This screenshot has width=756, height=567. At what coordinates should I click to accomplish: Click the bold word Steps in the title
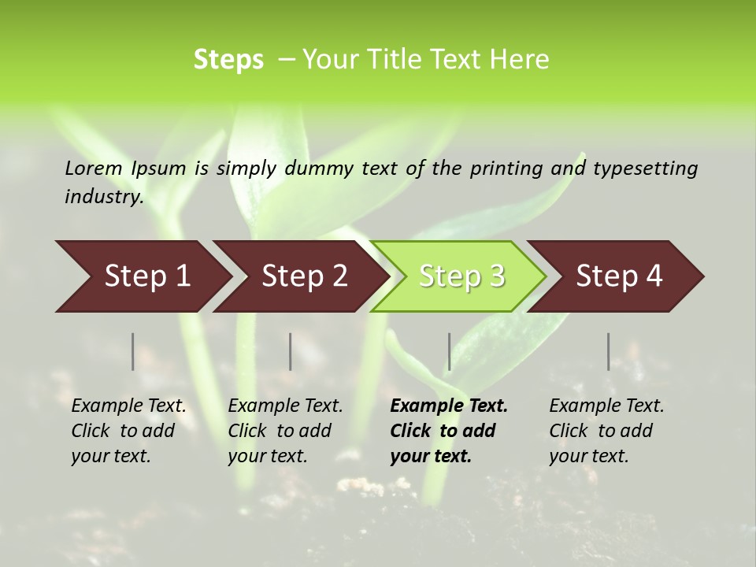tap(228, 60)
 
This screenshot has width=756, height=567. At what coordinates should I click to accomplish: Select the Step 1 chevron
tap(147, 276)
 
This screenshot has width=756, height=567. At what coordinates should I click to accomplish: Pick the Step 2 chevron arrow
tap(305, 276)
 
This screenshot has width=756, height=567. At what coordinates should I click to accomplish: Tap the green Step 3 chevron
tap(461, 276)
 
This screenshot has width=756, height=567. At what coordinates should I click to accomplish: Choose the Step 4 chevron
tap(619, 276)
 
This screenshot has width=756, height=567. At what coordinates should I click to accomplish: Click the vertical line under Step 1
tap(133, 351)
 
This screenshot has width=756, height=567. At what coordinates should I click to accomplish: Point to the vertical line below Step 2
tap(291, 351)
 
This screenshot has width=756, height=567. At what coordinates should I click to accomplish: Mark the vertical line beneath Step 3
tap(449, 351)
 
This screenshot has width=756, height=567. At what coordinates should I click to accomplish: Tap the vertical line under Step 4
tap(608, 351)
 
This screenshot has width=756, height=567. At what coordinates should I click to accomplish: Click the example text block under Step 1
tap(129, 431)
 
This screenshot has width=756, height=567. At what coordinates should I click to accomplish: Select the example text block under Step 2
tap(285, 431)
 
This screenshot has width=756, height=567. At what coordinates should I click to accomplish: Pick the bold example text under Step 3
tap(449, 431)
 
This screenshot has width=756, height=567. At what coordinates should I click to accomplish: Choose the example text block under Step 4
tap(606, 431)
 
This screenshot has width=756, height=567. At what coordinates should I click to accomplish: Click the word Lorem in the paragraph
tap(94, 169)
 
